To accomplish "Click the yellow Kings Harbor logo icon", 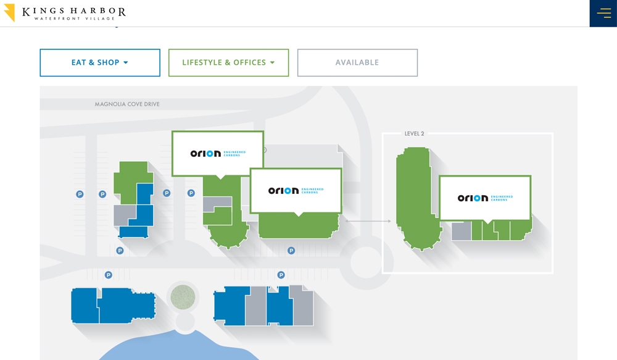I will (9, 12).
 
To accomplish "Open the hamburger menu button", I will (603, 13).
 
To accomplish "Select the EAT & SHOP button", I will (99, 62).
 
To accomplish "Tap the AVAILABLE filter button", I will (357, 62).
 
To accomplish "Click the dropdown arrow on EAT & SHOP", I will (126, 62).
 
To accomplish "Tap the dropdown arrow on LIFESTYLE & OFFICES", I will (272, 62).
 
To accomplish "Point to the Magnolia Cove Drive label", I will (127, 104).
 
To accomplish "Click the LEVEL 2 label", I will (414, 133).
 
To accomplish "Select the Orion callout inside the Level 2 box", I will (485, 198).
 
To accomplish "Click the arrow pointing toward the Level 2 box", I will (368, 220).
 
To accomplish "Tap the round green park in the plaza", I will (183, 298).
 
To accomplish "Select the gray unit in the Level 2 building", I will (461, 232).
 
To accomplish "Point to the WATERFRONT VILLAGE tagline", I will (73, 19).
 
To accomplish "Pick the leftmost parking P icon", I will (80, 194).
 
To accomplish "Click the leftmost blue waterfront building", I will (85, 306).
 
